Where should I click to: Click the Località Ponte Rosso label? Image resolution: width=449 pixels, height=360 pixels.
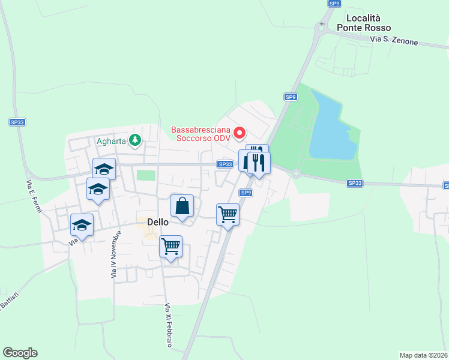[363, 23]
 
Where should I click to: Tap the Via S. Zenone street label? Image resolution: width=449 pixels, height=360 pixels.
[394, 41]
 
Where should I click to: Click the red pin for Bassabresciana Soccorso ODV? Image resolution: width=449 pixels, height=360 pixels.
[240, 133]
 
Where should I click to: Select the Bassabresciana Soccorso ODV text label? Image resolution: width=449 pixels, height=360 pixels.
[201, 133]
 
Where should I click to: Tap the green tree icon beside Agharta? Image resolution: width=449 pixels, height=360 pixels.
[136, 141]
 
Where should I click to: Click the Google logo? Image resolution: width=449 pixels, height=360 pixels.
[20, 353]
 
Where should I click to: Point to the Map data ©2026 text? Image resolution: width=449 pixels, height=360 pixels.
[423, 355]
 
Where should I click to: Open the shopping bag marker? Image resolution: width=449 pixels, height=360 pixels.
[182, 206]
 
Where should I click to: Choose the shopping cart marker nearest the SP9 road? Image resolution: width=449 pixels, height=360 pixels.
[228, 214]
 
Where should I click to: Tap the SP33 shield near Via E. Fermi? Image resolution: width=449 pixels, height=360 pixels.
[17, 122]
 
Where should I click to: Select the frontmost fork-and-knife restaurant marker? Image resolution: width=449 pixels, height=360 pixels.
[259, 162]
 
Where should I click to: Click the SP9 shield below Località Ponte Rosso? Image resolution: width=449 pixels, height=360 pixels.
[291, 97]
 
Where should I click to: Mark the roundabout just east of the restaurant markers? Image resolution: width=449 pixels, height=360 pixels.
[296, 174]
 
